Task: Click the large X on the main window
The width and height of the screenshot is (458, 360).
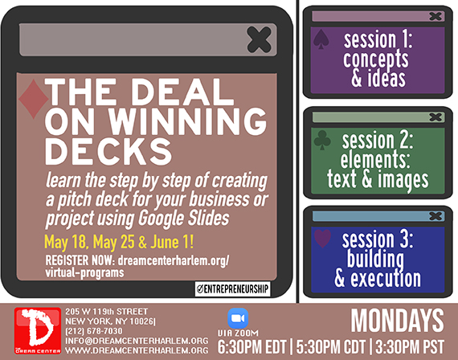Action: [259, 39]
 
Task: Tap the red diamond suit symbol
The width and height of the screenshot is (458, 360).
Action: [33, 99]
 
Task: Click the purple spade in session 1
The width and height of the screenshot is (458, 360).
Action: [321, 39]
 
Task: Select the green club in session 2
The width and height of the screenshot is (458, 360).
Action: [322, 140]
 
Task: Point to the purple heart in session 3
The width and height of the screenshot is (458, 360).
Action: [322, 239]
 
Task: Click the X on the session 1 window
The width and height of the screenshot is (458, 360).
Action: [436, 16]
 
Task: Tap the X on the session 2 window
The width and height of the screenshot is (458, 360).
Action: [436, 117]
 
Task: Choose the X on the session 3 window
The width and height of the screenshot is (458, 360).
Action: [436, 216]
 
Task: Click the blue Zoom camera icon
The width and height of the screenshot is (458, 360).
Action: [238, 318]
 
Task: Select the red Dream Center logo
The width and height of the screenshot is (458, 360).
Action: [38, 331]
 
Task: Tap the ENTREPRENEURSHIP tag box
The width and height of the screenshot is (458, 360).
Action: [233, 289]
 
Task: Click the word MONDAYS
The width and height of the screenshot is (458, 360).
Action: [397, 321]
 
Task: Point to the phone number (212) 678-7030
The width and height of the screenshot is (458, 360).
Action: [94, 331]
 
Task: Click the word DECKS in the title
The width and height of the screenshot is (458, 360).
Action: [108, 152]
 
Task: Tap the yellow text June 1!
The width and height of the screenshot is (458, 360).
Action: [172, 242]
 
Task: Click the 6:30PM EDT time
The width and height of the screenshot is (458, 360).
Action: [251, 347]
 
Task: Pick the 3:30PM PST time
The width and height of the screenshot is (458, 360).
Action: [410, 347]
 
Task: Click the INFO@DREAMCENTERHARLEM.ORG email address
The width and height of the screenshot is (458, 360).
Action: [137, 341]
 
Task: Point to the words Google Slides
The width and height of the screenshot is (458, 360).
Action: [184, 219]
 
